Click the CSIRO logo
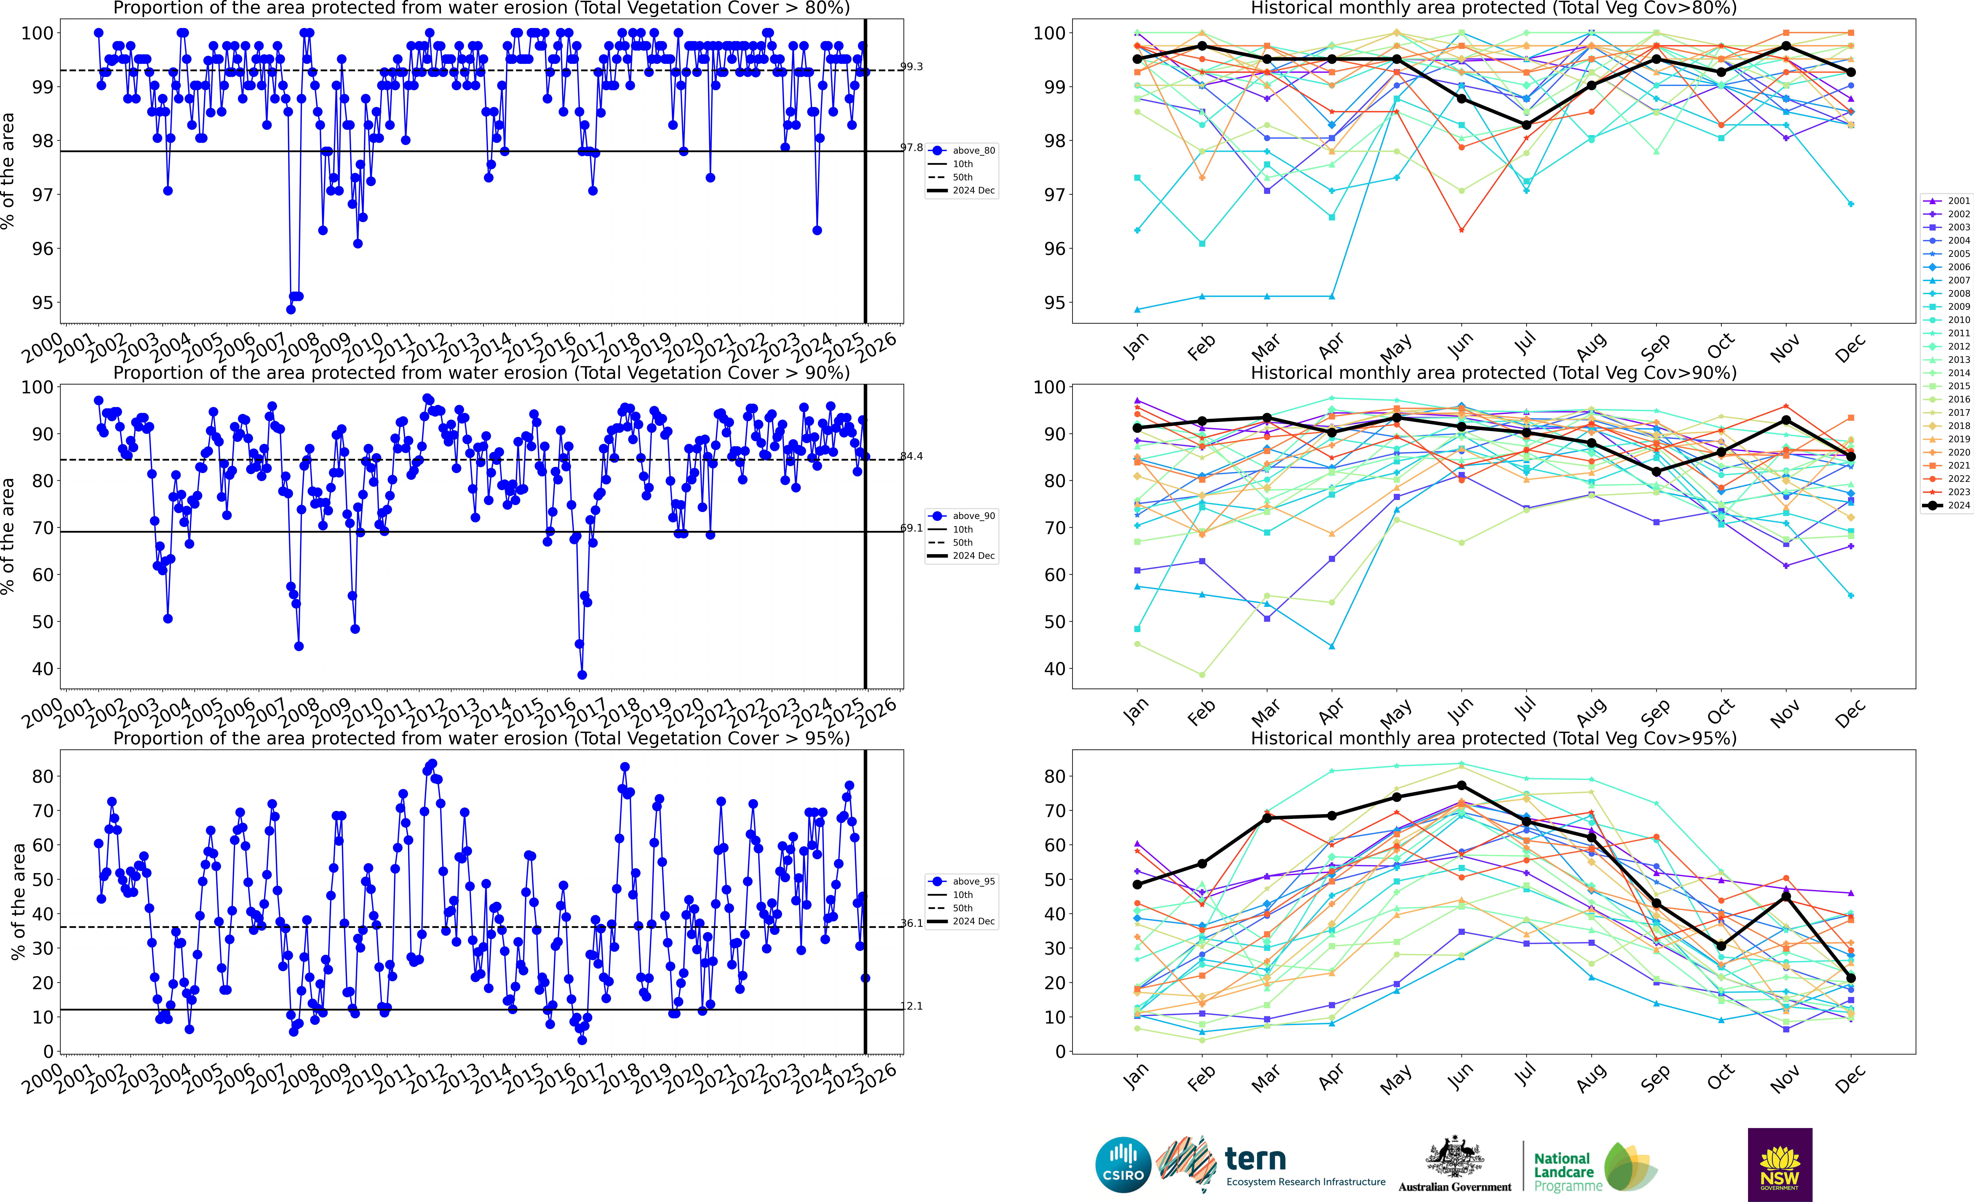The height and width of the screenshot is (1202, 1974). pyautogui.click(x=1122, y=1164)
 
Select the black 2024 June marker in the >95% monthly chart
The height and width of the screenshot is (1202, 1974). pyautogui.click(x=1461, y=785)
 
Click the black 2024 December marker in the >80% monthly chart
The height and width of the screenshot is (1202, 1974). pyautogui.click(x=1851, y=72)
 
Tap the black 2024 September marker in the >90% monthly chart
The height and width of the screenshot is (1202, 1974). pyautogui.click(x=1656, y=472)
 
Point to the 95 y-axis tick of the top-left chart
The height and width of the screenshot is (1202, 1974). pyautogui.click(x=43, y=303)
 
